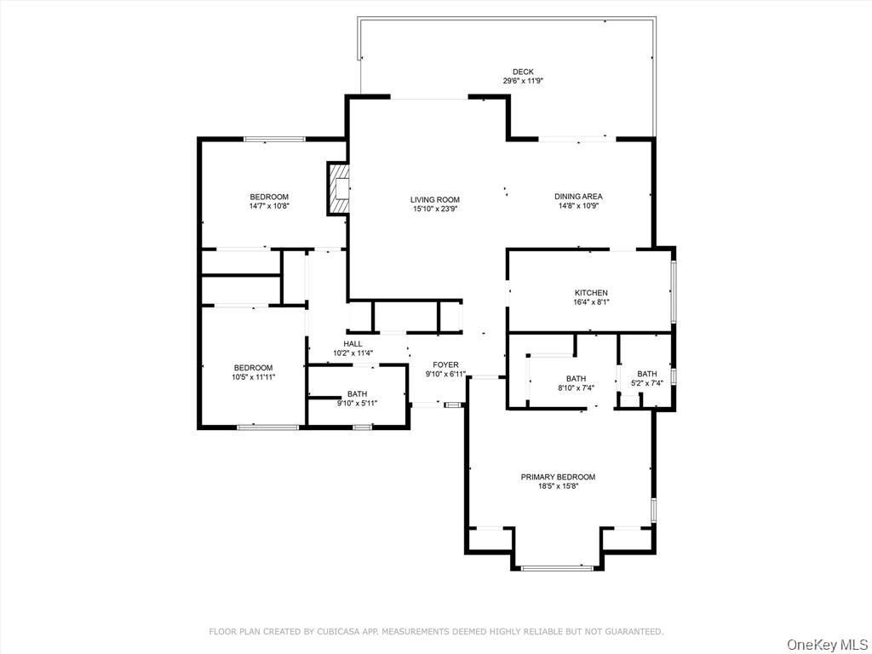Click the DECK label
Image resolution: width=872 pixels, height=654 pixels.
523,72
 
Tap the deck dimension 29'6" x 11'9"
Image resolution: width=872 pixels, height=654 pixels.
523,81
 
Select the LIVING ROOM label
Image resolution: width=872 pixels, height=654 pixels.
435,199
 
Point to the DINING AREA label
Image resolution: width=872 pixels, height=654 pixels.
578,197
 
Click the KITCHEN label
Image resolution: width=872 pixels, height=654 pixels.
591,293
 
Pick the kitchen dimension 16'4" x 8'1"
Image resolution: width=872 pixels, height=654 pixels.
591,302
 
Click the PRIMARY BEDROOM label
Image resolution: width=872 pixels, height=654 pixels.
558,477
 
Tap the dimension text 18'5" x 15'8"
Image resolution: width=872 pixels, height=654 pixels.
558,486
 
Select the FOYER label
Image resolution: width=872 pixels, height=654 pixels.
445,364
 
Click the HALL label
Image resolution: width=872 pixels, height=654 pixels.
353,344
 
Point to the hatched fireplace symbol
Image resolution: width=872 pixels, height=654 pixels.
339,188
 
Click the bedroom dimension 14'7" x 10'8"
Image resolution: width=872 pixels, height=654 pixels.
269,206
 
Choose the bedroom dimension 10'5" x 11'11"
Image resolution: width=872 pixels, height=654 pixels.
254,376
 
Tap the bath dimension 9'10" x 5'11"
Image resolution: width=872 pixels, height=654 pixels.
357,403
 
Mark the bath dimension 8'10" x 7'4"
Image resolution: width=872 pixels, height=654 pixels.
577,387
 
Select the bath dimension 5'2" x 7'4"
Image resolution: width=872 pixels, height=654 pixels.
647,383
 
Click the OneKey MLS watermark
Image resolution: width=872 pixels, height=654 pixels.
828,645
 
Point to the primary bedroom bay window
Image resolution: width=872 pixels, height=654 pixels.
557,568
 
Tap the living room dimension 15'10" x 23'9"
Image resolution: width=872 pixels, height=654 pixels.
435,209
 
